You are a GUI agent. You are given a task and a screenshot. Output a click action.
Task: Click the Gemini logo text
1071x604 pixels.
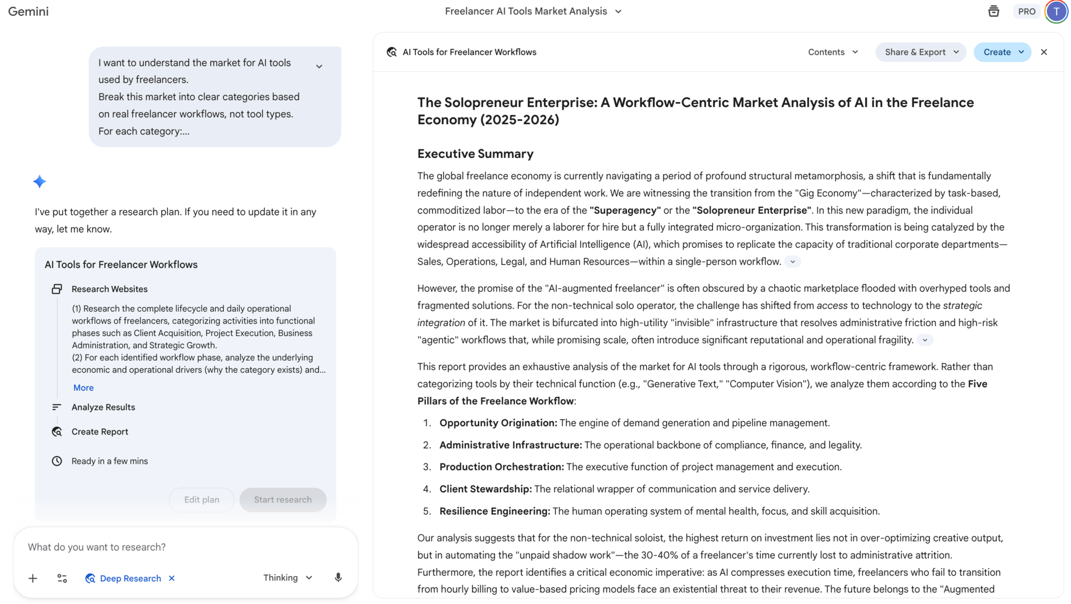[28, 12]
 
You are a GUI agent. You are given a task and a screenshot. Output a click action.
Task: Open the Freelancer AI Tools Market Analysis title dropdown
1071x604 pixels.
[618, 12]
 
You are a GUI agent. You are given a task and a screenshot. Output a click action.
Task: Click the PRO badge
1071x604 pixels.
[1026, 12]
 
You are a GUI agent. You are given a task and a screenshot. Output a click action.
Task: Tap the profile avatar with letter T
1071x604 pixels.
[1056, 12]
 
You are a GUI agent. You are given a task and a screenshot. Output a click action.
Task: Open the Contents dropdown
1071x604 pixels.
[833, 52]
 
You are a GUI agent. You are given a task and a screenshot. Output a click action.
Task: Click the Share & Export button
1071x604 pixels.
[920, 52]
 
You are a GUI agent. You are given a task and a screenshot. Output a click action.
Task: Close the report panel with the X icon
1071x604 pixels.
[1044, 52]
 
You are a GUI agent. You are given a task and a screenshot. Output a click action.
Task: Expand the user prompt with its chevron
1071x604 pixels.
[319, 66]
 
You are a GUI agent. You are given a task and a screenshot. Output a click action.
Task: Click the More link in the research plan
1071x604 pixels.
[84, 388]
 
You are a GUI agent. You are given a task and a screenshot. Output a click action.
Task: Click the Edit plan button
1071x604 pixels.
[201, 500]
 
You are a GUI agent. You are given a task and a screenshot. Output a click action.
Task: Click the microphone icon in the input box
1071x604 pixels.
[338, 578]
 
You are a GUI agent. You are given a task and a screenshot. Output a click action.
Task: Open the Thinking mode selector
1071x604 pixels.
[287, 578]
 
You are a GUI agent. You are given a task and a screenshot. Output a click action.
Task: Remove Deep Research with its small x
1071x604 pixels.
[172, 578]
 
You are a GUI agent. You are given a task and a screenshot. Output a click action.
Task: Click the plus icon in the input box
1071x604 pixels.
[33, 578]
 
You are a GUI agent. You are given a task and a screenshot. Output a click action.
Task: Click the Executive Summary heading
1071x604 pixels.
[475, 154]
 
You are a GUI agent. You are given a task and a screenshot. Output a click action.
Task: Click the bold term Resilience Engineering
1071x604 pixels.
[494, 511]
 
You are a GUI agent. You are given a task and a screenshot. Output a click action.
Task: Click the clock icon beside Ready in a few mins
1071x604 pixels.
[57, 461]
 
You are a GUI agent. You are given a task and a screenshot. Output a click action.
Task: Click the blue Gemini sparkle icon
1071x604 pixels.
[40, 182]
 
